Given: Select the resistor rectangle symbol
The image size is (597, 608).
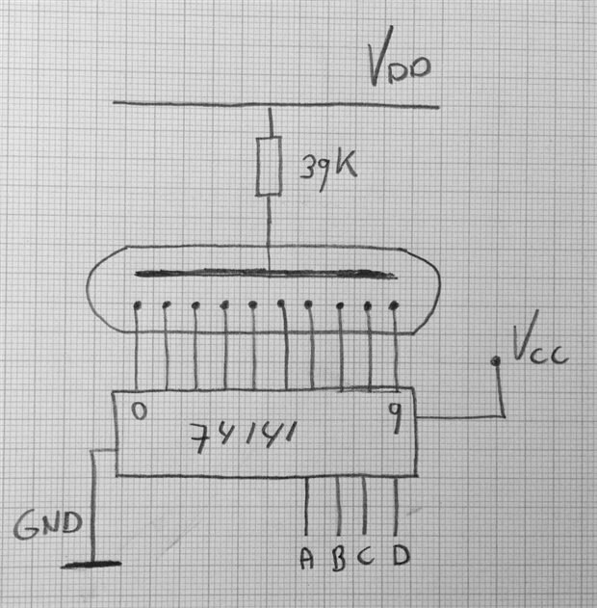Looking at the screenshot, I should pyautogui.click(x=270, y=165).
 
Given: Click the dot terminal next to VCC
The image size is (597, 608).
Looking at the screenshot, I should pyautogui.click(x=496, y=361).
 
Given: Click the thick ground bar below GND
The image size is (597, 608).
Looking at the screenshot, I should pyautogui.click(x=91, y=565).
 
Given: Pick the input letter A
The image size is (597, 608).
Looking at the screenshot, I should pyautogui.click(x=307, y=558).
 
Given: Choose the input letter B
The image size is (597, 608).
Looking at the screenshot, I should pyautogui.click(x=338, y=558).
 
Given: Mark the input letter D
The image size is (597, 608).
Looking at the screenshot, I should pyautogui.click(x=400, y=558).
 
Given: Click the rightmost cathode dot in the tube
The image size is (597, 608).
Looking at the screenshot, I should pyautogui.click(x=394, y=306).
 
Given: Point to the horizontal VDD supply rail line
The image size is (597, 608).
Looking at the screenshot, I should pyautogui.click(x=193, y=103).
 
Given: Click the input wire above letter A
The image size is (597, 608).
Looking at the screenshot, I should pyautogui.click(x=307, y=506).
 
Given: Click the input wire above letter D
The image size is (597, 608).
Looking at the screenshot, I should pyautogui.click(x=397, y=506).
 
